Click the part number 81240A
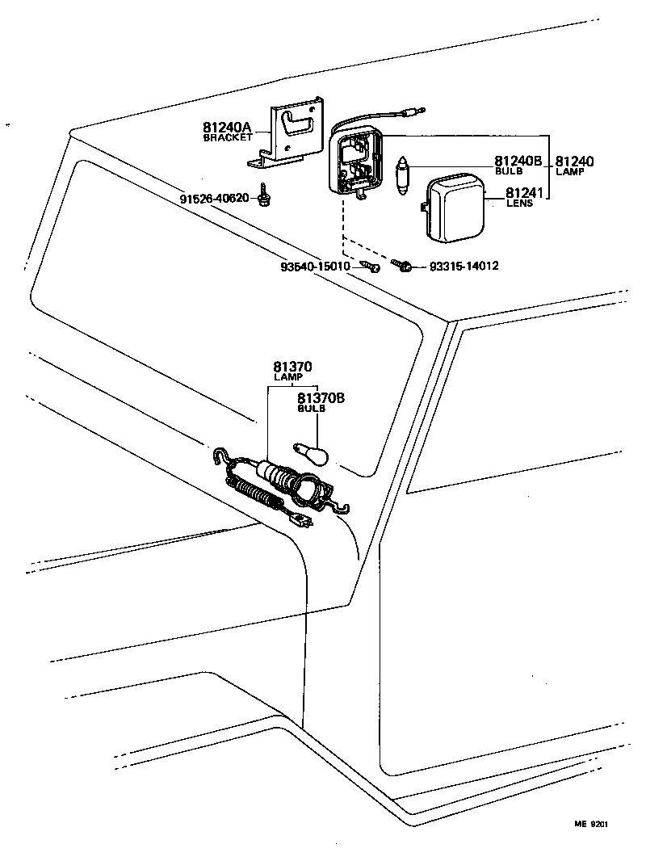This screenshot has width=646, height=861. tap(227, 127)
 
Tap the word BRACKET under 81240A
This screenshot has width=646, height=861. tap(228, 138)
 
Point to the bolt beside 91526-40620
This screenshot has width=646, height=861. tap(263, 195)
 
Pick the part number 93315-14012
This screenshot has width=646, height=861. tap(464, 266)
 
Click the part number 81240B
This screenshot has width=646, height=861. tap(520, 162)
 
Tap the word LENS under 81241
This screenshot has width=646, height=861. tap(519, 204)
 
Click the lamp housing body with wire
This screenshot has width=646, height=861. tap(354, 162)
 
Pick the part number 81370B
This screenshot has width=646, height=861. tap(321, 398)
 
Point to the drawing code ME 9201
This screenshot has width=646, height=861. tap(589, 825)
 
